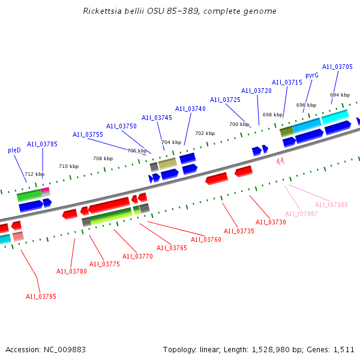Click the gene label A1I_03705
(337, 67)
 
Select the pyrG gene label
(312, 75)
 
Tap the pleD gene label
(14, 150)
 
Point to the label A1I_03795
(41, 296)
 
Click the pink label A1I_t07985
(331, 205)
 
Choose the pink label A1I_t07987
(301, 214)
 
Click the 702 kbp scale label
(205, 133)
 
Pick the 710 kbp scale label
(68, 166)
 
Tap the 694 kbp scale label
(340, 95)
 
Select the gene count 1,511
(343, 349)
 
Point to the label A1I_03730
(271, 222)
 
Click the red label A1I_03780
(71, 271)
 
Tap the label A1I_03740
(190, 109)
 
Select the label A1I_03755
(88, 134)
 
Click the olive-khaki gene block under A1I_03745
(167, 163)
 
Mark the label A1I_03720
(256, 91)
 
